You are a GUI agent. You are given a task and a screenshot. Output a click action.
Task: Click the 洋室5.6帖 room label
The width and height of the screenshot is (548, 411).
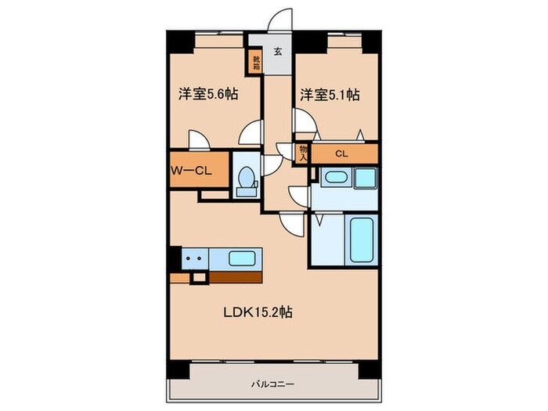(208, 94)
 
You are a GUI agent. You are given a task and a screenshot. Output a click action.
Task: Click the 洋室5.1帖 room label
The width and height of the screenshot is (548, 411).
(330, 95)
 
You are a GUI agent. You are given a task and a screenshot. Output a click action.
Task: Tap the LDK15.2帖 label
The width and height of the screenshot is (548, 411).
(258, 312)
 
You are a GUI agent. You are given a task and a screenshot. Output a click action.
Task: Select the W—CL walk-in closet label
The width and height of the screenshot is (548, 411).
(191, 171)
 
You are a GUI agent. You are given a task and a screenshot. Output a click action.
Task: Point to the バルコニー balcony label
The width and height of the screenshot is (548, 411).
(273, 384)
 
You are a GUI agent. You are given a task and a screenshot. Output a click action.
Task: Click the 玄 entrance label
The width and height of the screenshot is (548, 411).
(278, 52)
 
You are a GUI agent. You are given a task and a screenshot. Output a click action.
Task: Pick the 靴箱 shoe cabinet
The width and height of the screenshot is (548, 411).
(257, 62)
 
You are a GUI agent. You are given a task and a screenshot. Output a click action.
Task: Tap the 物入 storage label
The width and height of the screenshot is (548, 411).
(303, 153)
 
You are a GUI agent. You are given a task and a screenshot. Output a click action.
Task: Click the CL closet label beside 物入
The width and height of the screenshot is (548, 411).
(341, 153)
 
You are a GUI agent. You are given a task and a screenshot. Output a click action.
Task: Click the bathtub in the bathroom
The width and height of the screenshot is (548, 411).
(362, 240)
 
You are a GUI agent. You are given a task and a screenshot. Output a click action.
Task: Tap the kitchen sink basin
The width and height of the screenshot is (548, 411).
(242, 258)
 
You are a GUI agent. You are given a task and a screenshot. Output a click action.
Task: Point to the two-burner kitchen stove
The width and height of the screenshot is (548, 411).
(195, 258)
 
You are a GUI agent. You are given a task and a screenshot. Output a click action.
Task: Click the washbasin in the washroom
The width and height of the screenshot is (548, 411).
(336, 177)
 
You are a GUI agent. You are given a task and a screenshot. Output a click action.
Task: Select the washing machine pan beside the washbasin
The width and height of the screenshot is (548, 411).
(366, 178)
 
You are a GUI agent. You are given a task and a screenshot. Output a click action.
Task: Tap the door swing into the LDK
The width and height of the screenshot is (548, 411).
(293, 225)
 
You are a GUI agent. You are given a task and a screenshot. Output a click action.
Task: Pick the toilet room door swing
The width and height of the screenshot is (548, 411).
(271, 165)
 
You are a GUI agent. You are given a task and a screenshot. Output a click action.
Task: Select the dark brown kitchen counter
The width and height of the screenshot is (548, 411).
(236, 277)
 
